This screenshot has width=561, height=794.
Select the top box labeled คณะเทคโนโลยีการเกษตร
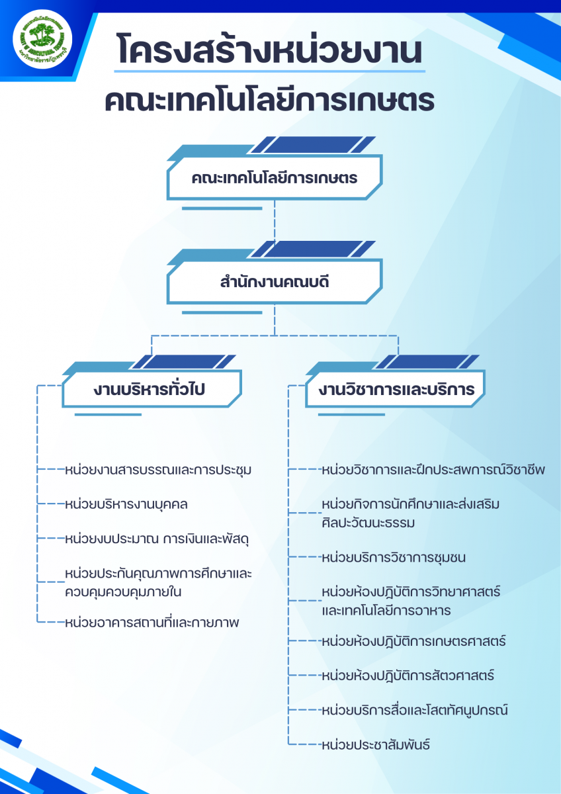click(x=274, y=178)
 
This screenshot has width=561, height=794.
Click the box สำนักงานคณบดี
click(x=274, y=283)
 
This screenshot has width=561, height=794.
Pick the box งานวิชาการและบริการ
click(x=396, y=390)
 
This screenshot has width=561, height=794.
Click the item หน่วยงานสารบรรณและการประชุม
click(x=158, y=470)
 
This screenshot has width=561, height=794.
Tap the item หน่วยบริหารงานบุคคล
click(x=127, y=504)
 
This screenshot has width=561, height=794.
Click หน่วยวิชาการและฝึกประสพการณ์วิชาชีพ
click(x=432, y=470)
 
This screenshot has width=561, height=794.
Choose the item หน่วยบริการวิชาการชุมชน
click(x=393, y=557)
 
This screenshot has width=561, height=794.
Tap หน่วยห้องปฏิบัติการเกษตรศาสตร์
click(x=413, y=641)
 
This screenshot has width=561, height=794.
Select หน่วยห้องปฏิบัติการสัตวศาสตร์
click(x=406, y=676)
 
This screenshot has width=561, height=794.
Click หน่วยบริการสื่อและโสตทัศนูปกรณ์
click(x=413, y=710)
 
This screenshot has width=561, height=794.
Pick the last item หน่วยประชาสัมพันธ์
click(x=375, y=744)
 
